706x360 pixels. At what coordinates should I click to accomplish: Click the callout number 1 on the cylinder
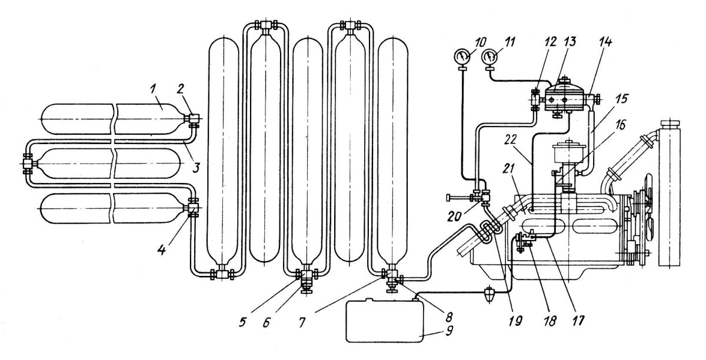click(x=153, y=90)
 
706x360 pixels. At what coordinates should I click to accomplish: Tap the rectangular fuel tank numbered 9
click(x=385, y=321)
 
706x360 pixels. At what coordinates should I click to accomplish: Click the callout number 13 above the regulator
click(x=570, y=42)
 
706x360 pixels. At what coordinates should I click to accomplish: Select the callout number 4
click(x=162, y=250)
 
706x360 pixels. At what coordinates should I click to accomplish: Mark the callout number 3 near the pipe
click(x=196, y=168)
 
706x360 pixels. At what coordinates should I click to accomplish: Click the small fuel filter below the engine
click(x=489, y=294)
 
